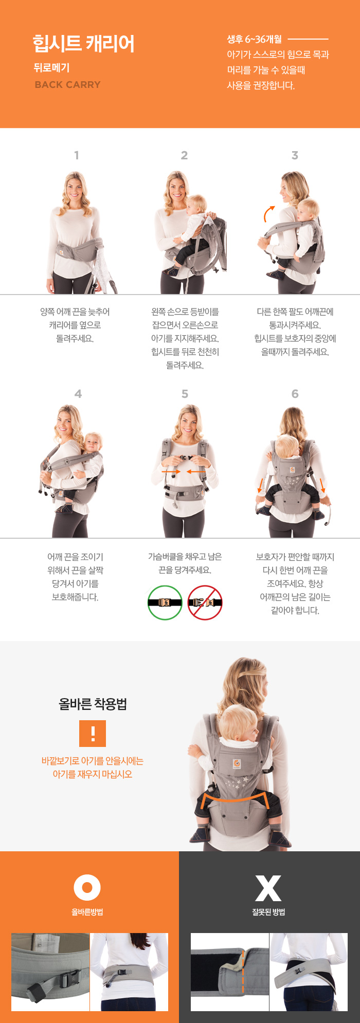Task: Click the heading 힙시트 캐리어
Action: tap(83, 44)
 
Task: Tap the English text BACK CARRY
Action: tap(67, 85)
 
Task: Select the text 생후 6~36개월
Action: tap(255, 39)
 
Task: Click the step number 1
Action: tap(77, 155)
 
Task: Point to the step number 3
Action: tap(295, 155)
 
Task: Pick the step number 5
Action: tap(185, 394)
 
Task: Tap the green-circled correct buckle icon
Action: tap(165, 602)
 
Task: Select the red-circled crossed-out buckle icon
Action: tap(205, 602)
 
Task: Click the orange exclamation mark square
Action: tap(93, 734)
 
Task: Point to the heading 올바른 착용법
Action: tap(93, 704)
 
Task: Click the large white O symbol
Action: tap(87, 887)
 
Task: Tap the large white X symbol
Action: tap(268, 888)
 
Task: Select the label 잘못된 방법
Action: tap(268, 912)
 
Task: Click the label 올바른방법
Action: tap(87, 912)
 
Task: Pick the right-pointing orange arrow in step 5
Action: tap(171, 471)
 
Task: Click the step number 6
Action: tap(295, 394)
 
